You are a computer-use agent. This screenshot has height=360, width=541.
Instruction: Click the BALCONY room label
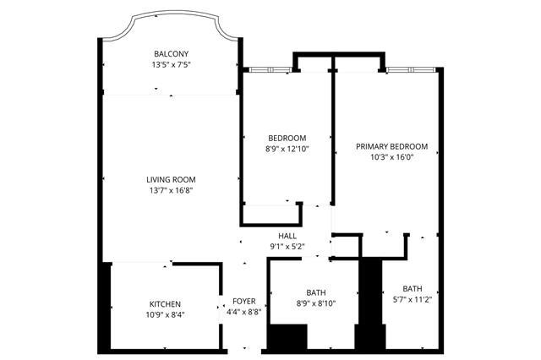(171, 54)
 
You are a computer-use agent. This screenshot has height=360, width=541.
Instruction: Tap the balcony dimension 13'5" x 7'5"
(171, 64)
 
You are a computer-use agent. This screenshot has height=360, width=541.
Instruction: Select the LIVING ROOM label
(171, 179)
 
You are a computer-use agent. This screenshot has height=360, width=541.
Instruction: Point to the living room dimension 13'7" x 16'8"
(171, 190)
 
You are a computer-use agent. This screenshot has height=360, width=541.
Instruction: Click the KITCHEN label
(165, 304)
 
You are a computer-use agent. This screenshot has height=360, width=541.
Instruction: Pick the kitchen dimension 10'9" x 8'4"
(166, 315)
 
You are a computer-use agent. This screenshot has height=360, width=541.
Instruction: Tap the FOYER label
(244, 302)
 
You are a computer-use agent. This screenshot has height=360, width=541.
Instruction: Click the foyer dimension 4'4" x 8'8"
(244, 312)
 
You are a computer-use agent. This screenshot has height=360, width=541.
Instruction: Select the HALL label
(287, 236)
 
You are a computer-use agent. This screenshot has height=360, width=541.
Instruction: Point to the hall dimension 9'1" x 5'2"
(287, 247)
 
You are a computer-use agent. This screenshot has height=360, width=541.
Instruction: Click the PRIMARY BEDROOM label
(392, 146)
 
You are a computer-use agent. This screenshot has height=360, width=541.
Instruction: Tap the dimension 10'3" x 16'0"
(392, 157)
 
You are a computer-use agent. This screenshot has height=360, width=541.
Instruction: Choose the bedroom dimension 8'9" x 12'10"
(287, 149)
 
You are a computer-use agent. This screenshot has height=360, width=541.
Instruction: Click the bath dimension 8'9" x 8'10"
(316, 303)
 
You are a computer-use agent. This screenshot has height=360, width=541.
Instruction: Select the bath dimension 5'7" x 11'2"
(413, 299)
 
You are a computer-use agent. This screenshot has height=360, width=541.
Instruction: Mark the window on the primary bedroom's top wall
(412, 70)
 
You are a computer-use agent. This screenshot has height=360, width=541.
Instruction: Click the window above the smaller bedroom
(270, 70)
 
